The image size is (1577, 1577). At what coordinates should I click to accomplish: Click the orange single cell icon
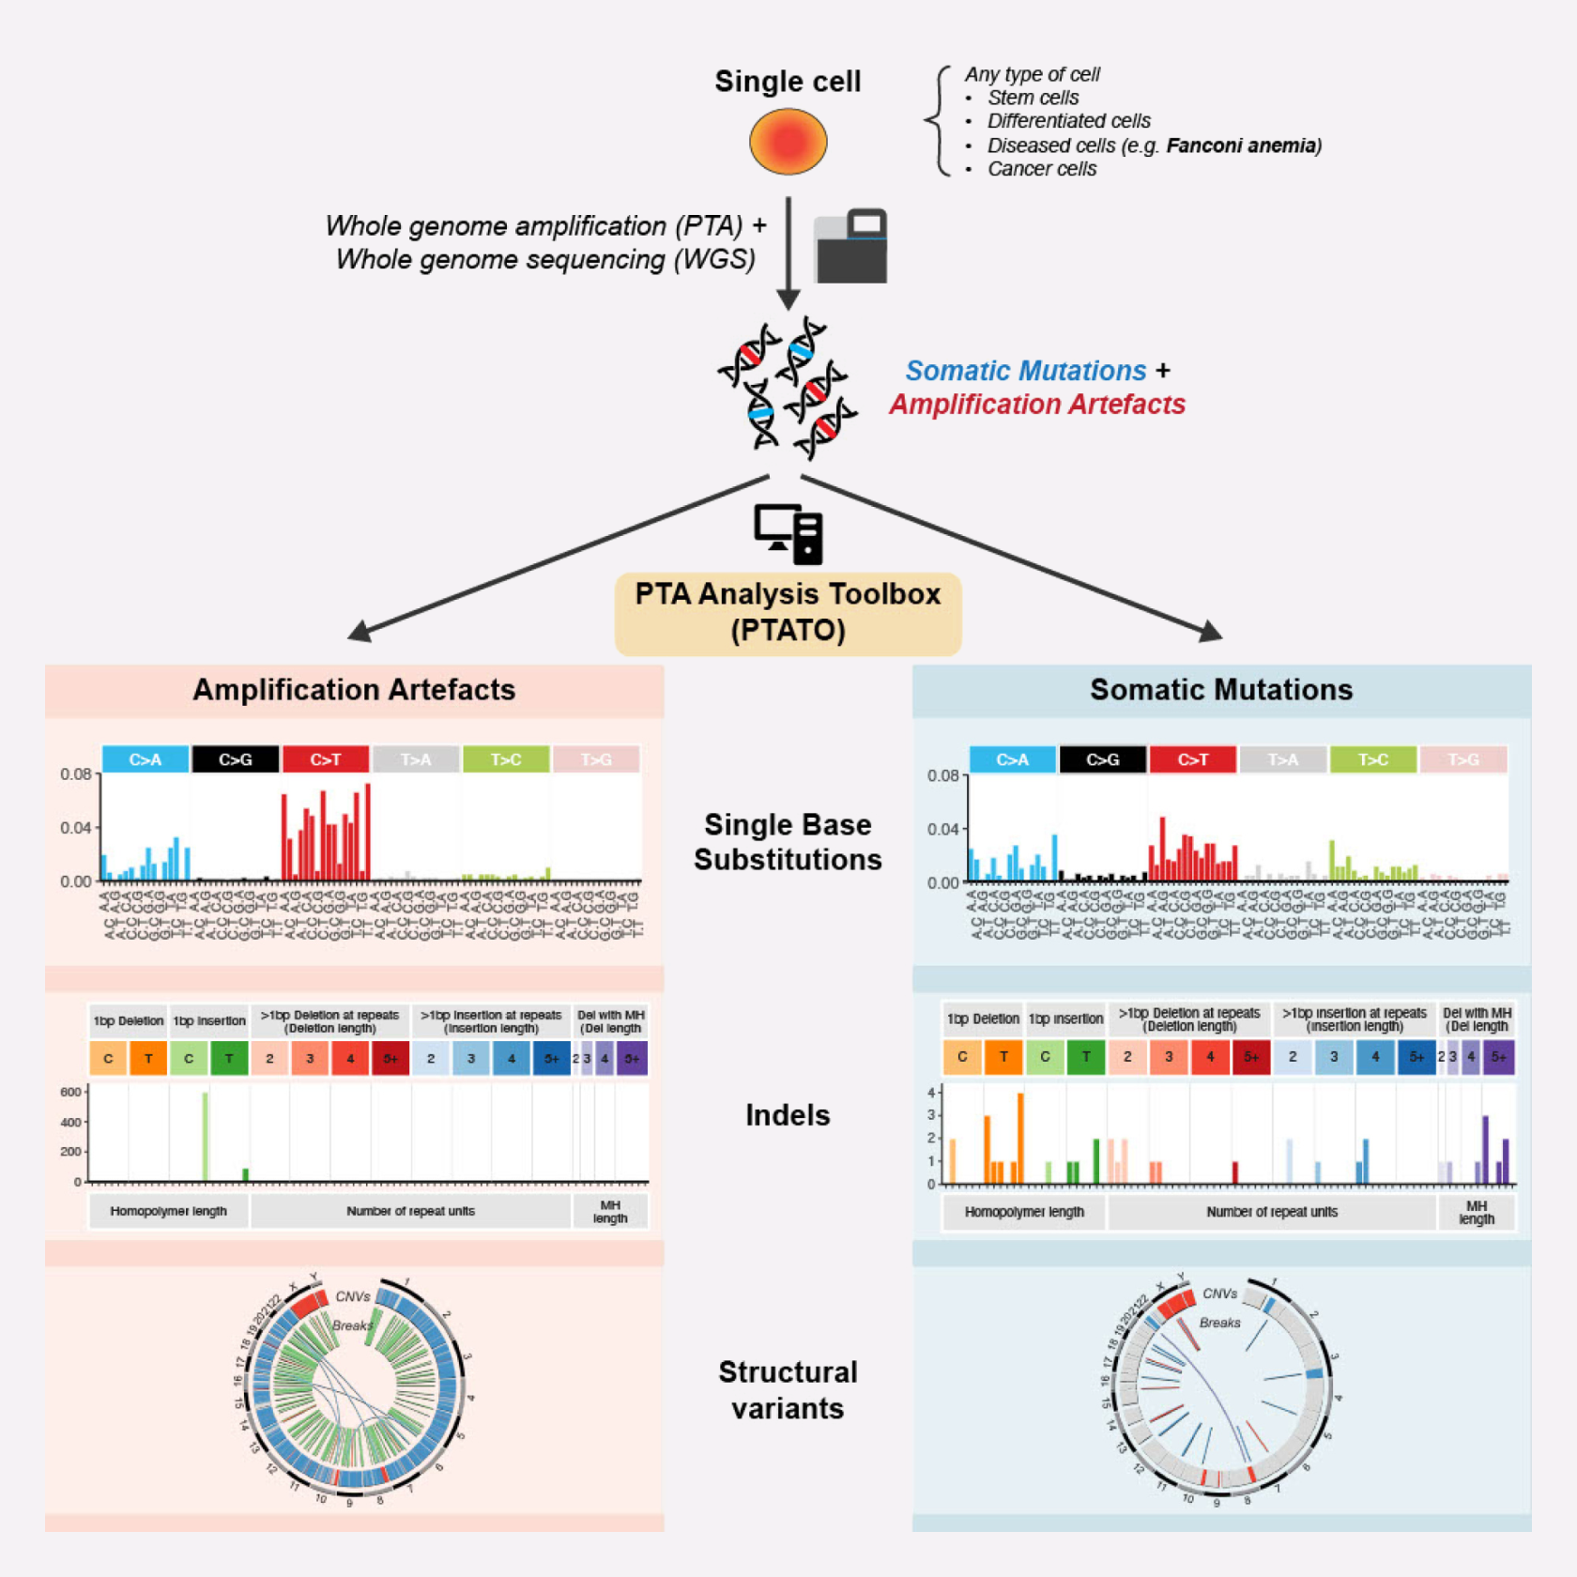(788, 142)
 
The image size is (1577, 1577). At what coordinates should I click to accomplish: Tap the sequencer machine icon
(850, 246)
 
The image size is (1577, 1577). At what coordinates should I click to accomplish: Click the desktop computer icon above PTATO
(788, 534)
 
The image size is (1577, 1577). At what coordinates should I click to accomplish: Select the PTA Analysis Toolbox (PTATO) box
(788, 612)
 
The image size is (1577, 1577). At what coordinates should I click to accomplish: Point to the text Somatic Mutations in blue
(1025, 371)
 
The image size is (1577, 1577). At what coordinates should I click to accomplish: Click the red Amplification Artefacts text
(1037, 405)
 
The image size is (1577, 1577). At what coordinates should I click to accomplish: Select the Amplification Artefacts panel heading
(354, 690)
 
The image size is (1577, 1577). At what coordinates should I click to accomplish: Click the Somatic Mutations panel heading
(1220, 690)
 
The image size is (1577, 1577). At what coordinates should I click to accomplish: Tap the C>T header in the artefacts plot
(325, 759)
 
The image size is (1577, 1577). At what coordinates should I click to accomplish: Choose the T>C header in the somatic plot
(1372, 759)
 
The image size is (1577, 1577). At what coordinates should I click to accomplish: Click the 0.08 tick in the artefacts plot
(75, 774)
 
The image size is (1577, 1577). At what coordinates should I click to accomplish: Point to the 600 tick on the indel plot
(70, 1092)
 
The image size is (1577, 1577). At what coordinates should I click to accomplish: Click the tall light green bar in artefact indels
(206, 1136)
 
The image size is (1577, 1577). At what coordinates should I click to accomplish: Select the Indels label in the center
(788, 1115)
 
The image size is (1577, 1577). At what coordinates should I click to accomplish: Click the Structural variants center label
(788, 1390)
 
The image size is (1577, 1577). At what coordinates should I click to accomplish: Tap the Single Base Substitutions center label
(788, 842)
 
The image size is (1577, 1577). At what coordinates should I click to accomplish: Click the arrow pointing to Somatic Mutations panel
(1211, 632)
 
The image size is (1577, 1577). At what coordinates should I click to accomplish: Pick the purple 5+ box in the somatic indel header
(1499, 1057)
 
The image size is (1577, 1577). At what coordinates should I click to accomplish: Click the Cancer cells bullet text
(1041, 169)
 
